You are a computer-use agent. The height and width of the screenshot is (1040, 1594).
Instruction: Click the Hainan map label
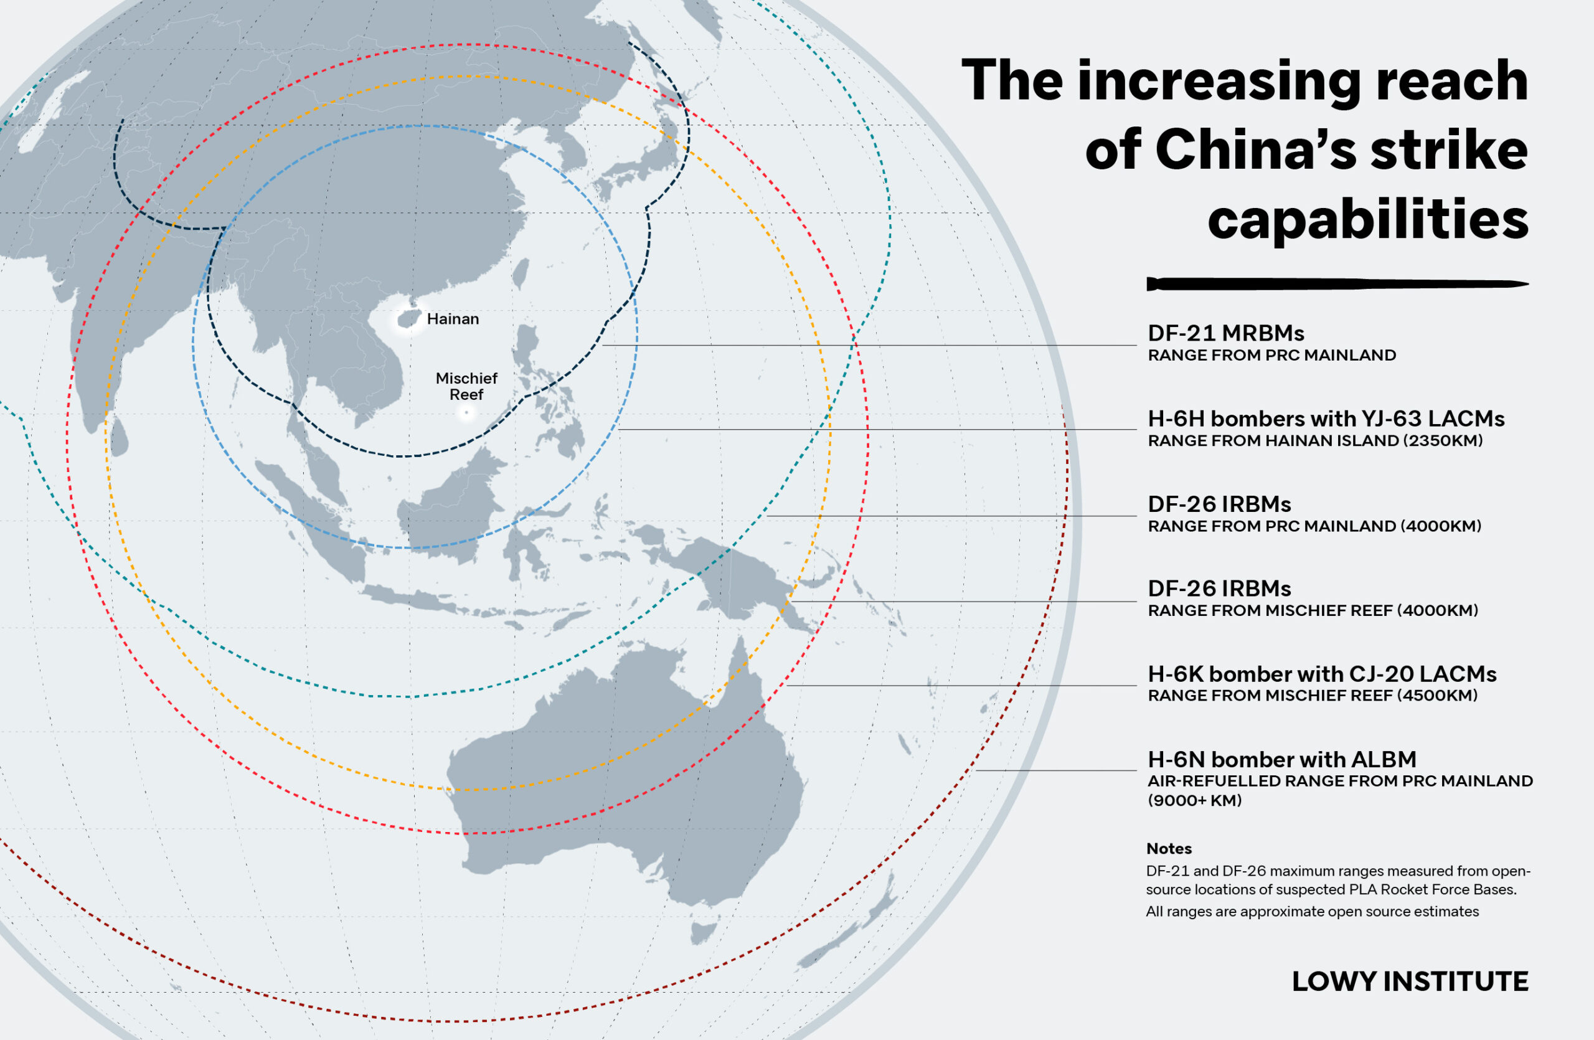(x=453, y=319)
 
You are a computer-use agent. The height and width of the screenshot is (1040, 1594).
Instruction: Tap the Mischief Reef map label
(x=466, y=386)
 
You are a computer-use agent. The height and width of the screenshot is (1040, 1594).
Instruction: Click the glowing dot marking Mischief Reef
(x=466, y=412)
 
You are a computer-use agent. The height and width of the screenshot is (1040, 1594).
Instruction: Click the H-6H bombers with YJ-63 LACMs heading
(x=1326, y=418)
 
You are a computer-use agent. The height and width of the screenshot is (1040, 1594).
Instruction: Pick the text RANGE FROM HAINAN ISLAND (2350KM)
(x=1314, y=441)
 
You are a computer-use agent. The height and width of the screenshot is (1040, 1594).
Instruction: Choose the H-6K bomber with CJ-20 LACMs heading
(x=1321, y=674)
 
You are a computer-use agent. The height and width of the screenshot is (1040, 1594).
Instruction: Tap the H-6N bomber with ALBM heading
(x=1282, y=759)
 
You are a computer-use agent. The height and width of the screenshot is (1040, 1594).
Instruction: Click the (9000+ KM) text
(x=1194, y=800)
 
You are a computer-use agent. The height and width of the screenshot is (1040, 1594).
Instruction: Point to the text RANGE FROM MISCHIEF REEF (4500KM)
(x=1312, y=695)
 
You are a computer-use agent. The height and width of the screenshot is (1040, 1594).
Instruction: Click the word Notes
(x=1169, y=848)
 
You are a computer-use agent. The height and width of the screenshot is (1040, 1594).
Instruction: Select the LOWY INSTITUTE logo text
(x=1409, y=981)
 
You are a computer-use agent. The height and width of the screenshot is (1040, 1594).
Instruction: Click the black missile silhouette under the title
(x=1336, y=284)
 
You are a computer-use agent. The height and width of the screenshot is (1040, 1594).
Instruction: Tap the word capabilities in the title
(x=1367, y=220)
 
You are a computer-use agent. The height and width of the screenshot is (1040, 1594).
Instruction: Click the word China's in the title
(x=1255, y=150)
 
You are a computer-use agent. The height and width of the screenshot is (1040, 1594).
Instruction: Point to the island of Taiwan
(x=520, y=274)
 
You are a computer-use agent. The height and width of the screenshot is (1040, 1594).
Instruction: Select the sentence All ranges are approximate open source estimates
(x=1312, y=912)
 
